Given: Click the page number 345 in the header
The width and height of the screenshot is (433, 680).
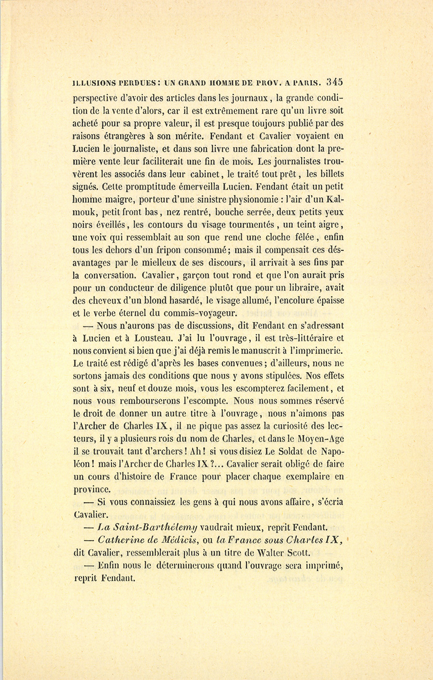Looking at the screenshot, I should [334, 82].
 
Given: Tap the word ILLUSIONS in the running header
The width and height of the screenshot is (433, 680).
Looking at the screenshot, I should [94, 82].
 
